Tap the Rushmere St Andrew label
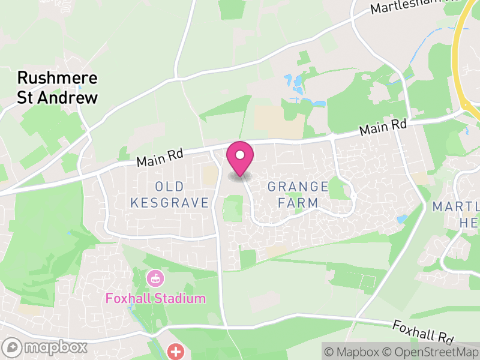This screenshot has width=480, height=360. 58,88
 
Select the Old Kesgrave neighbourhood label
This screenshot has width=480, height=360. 170,194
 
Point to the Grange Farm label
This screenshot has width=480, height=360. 298,194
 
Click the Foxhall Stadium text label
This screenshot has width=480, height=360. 155,298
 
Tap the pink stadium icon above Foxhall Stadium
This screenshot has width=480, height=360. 155,278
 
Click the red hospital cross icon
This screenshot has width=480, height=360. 176,351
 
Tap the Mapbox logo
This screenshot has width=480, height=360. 46,347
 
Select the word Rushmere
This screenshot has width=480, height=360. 58,79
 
